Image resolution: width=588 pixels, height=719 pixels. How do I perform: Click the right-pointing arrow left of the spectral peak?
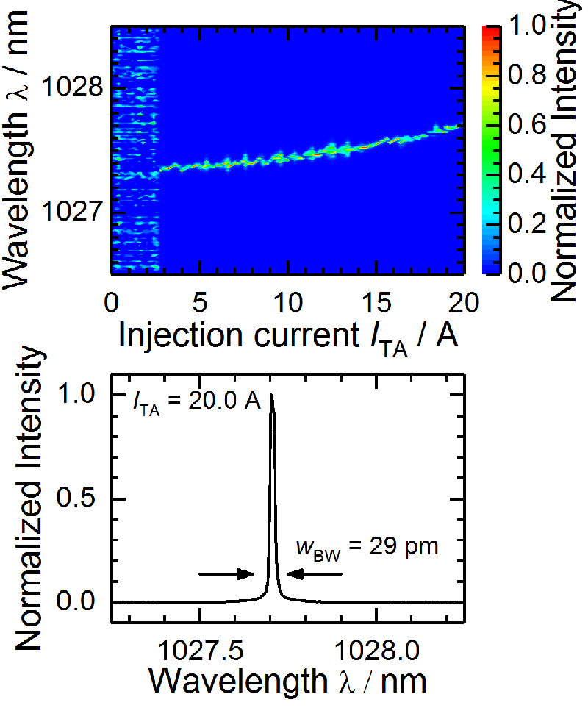[226, 574]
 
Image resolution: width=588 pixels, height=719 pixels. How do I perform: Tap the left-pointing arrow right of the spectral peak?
[315, 574]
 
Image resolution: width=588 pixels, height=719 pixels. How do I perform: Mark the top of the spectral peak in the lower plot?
[272, 395]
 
